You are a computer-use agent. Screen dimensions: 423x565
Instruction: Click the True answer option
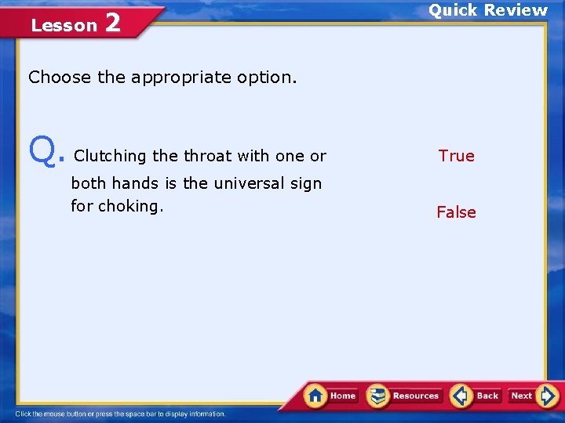pos(456,156)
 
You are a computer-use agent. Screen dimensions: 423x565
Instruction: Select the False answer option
pos(456,212)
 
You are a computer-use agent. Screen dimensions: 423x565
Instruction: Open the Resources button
pos(405,396)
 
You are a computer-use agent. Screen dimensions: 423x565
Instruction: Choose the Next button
pos(522,396)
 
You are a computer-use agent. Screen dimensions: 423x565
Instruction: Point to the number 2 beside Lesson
pos(112,23)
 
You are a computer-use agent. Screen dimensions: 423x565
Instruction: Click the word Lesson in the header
pos(64,26)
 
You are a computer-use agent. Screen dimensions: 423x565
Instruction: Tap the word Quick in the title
pos(453,10)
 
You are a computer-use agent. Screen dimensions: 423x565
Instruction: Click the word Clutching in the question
pos(110,156)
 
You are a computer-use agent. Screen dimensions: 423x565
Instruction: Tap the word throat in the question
pos(207,156)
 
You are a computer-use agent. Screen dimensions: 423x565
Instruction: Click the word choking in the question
pos(130,206)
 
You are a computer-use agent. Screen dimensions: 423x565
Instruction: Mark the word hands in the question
pos(136,183)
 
